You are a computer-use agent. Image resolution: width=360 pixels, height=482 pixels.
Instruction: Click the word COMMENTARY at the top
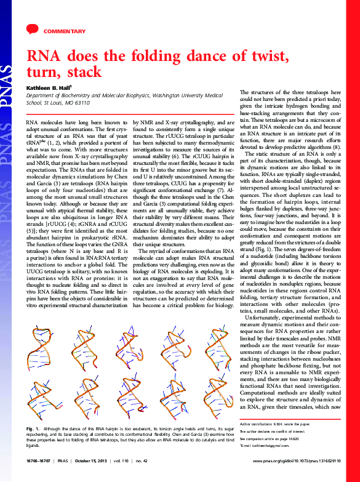65,31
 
